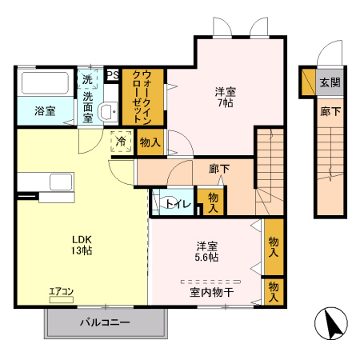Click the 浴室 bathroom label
click(45, 110)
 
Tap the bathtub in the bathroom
click(45, 83)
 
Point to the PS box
click(113, 75)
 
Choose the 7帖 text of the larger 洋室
click(225, 104)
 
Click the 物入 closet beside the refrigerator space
click(150, 142)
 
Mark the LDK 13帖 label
click(82, 245)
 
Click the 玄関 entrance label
click(330, 82)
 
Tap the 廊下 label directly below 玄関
click(330, 111)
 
